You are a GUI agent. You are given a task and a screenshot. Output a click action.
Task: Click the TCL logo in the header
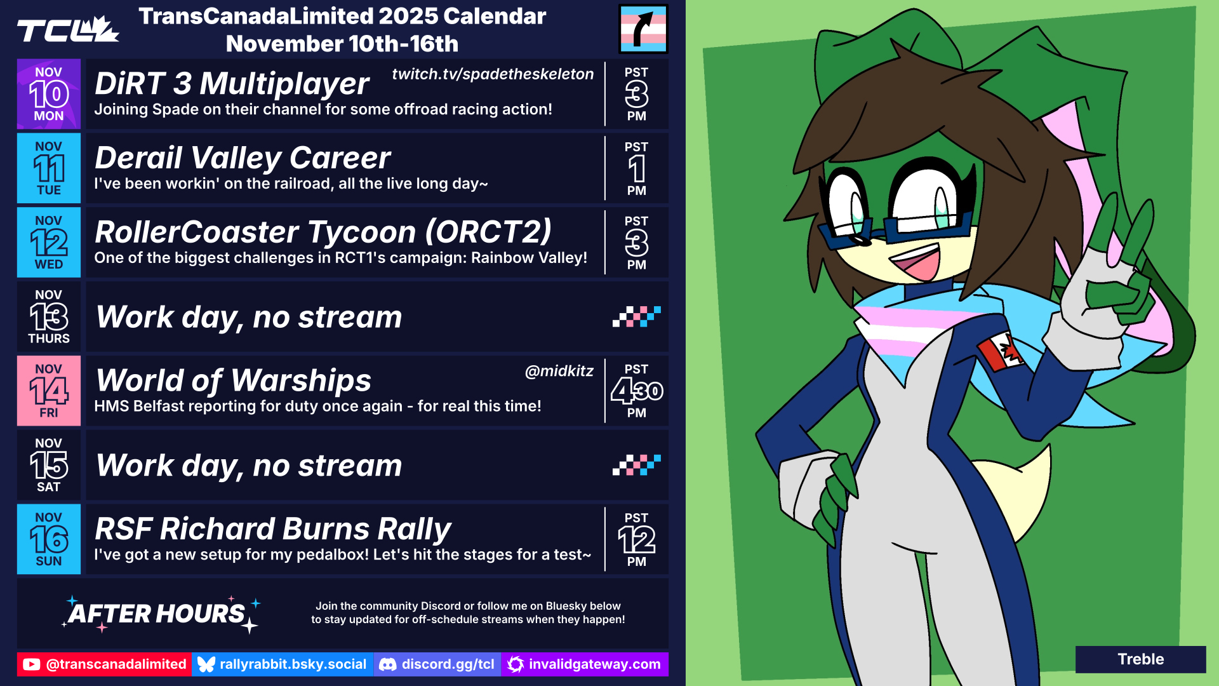tap(68, 30)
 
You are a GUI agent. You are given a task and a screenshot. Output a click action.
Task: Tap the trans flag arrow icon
tap(643, 29)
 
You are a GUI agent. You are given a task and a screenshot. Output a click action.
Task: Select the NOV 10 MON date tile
tap(49, 94)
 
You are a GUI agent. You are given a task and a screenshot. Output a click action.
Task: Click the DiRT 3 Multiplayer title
tap(232, 84)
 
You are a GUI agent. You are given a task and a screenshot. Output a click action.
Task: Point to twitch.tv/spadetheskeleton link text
tap(493, 74)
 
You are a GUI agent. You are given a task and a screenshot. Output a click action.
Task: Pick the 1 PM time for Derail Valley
tap(636, 168)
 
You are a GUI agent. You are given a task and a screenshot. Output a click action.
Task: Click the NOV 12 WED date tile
tap(49, 242)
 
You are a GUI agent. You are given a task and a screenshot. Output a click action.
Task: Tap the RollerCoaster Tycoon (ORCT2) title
tap(323, 232)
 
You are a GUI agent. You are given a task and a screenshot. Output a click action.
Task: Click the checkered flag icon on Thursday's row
tap(637, 316)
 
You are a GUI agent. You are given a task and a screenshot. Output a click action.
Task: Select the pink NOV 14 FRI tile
tap(49, 391)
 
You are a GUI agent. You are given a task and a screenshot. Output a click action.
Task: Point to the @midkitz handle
tap(559, 371)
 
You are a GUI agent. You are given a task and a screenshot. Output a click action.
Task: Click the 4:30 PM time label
tap(637, 391)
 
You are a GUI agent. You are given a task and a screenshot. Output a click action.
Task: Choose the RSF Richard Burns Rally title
tap(273, 529)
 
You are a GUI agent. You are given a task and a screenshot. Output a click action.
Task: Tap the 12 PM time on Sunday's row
tap(637, 539)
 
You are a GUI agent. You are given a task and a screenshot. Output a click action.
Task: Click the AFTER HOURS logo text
tap(157, 614)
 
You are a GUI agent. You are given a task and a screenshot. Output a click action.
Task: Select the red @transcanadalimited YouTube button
tap(104, 664)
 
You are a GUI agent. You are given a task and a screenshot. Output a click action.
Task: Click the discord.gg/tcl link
tap(437, 664)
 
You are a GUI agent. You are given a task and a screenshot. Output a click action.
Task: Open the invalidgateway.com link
tap(585, 664)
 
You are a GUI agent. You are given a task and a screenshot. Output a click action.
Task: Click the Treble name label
tap(1141, 659)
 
